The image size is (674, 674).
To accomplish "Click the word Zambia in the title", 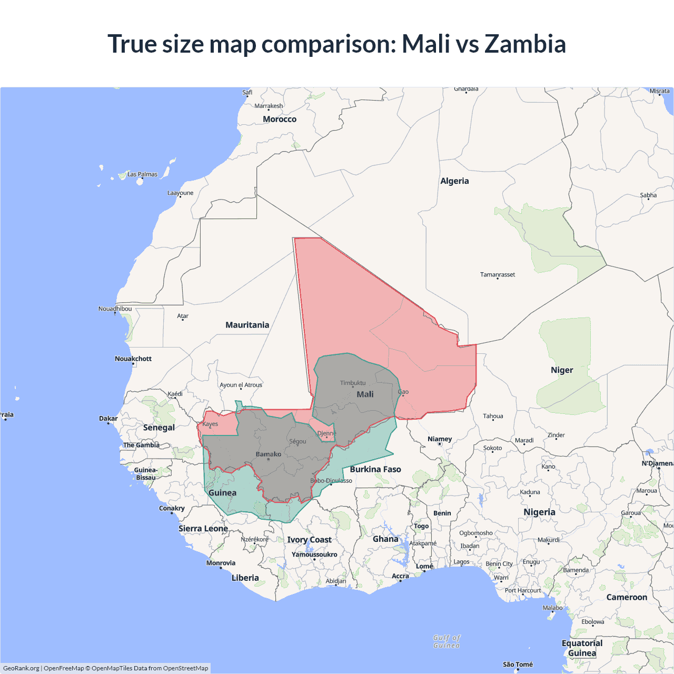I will pos(525,44).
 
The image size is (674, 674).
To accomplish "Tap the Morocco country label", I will pos(280,120).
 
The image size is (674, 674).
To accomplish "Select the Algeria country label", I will pos(454,181).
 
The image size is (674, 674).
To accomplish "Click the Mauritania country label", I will pos(247,325).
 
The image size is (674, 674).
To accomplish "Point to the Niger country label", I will pos(562,370).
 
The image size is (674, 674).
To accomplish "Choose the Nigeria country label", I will pos(539,512).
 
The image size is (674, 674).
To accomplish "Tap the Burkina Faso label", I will pos(375,469).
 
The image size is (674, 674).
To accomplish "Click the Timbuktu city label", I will pos(353,383).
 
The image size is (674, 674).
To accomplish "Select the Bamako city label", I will pos(269,454).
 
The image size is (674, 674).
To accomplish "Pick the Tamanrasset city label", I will pos(498,274).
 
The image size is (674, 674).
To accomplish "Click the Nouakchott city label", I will pos(133,359).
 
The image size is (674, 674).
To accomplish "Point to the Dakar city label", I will pos(108,419).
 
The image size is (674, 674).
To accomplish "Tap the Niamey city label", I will pos(440,439).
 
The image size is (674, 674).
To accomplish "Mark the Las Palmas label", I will pos(142,174).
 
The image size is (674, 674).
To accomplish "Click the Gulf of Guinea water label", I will pos(447,641).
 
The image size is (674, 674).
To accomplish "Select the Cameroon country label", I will pos(627,597).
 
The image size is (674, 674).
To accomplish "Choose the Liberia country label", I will pos(245,578).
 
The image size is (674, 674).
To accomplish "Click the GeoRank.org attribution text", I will pos(21,668).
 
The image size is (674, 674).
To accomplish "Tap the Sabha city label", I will pos(648,195).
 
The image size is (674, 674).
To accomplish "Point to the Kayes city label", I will pos(210,424).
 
